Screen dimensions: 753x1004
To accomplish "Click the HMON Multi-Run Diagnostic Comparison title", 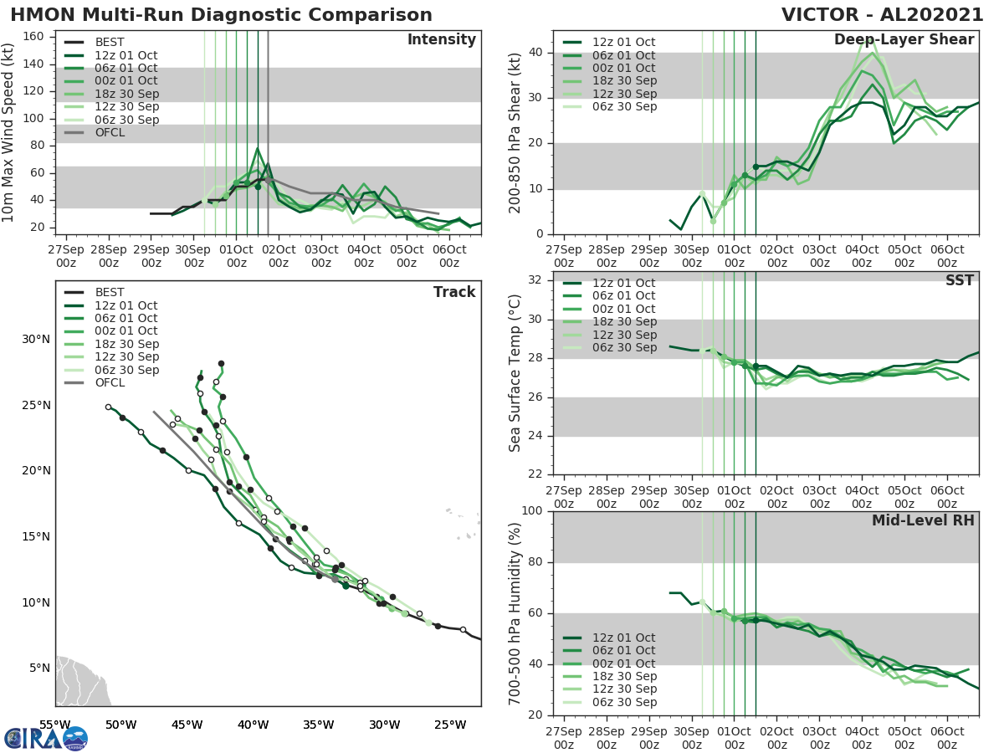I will pyautogui.click(x=222, y=15).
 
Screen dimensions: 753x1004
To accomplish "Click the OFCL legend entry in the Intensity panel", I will pyautogui.click(x=109, y=132).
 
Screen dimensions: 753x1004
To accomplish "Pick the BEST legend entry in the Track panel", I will pyautogui.click(x=110, y=293).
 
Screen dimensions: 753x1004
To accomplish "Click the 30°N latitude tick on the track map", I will pyautogui.click(x=36, y=339).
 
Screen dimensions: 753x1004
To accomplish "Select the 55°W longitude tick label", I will pyautogui.click(x=56, y=725).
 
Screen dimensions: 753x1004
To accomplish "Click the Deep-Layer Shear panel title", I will pyautogui.click(x=904, y=40).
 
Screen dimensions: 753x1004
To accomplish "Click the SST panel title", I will pyautogui.click(x=959, y=280).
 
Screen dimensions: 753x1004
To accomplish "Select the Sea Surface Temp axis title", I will pyautogui.click(x=515, y=374).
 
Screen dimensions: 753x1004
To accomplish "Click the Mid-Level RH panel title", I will pyautogui.click(x=923, y=521).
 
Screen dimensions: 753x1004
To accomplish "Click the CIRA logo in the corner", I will pyautogui.click(x=45, y=738).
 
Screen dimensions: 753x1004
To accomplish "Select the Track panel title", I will pyautogui.click(x=453, y=292).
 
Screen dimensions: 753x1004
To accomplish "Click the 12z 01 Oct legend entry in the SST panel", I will pyautogui.click(x=623, y=283).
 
